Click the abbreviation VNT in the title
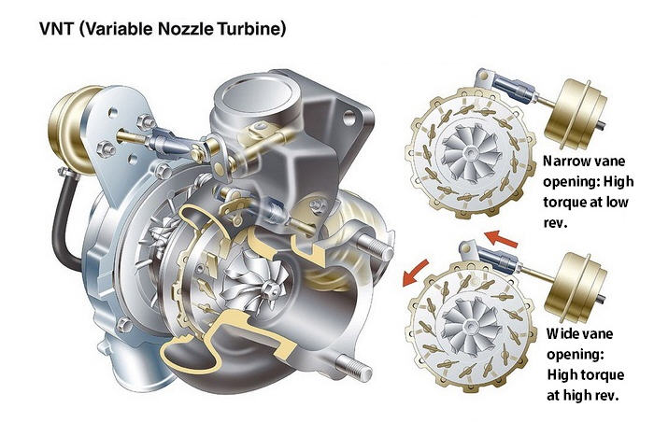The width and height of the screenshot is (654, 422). [56, 29]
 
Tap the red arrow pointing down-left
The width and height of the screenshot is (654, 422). [415, 273]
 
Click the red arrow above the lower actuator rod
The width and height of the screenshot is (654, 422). [502, 238]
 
